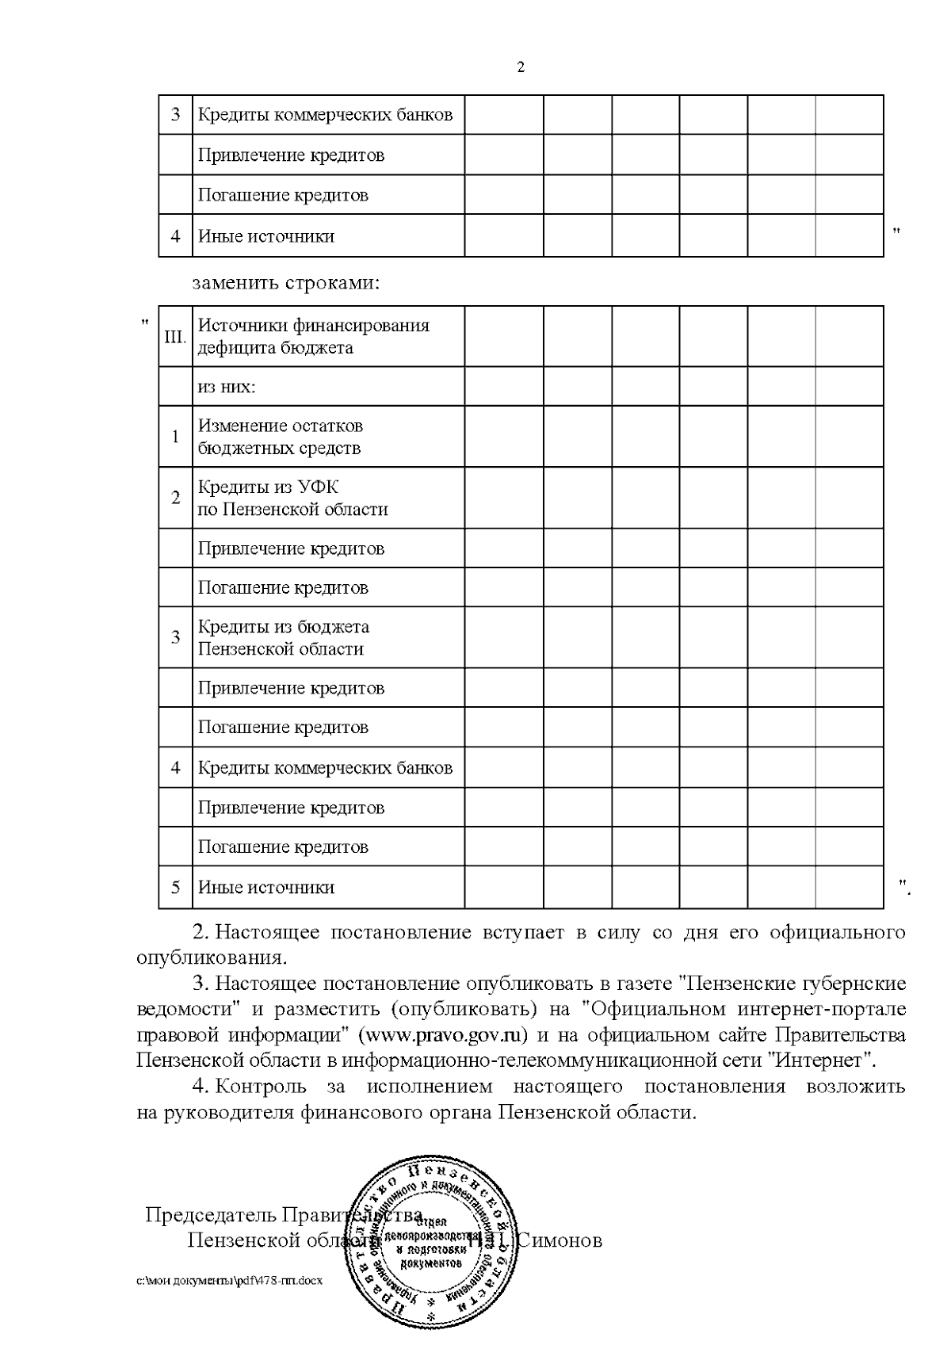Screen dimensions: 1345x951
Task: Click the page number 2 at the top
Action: coord(520,68)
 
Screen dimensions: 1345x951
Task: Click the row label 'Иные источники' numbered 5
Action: coord(265,887)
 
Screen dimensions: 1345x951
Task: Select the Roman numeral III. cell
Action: coord(175,337)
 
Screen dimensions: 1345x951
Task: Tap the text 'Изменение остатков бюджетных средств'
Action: coord(280,437)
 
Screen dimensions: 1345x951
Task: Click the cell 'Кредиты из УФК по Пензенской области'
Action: coord(292,498)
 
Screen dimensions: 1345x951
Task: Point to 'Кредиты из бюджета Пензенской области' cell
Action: coord(283,638)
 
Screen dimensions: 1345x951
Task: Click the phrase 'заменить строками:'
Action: coord(285,283)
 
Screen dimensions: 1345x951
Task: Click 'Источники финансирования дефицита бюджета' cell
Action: coord(313,336)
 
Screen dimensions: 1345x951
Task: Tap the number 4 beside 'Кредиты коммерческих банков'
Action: coord(175,767)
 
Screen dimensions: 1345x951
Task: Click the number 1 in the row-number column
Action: coord(175,437)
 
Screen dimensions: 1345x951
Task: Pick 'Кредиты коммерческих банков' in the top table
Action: coord(325,115)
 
